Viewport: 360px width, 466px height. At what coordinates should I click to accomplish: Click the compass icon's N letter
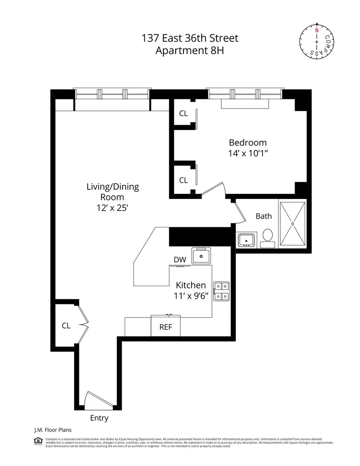coord(317,30)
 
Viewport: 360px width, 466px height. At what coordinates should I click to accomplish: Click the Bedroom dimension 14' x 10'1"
coord(247,154)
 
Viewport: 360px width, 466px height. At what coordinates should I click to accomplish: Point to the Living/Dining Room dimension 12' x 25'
coord(113,209)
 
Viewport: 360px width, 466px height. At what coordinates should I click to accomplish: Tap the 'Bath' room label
coord(264,216)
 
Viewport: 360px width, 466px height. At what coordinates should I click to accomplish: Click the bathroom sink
coord(245,240)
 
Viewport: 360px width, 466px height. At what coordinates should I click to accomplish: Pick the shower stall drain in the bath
coord(292,224)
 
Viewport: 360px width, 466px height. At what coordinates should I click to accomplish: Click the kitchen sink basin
coord(202,256)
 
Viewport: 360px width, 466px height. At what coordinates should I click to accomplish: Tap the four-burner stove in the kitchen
coord(221,291)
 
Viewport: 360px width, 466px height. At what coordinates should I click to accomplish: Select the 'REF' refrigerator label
coord(166,327)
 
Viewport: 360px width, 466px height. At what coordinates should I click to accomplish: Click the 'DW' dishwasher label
coord(180,260)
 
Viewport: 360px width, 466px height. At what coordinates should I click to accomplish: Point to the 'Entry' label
coord(99,418)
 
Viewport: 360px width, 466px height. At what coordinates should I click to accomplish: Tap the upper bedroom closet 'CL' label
coord(183,114)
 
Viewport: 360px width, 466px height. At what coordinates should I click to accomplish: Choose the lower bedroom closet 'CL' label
coord(183,180)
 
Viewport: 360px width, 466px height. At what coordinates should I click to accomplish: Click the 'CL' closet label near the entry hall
coord(66,326)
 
